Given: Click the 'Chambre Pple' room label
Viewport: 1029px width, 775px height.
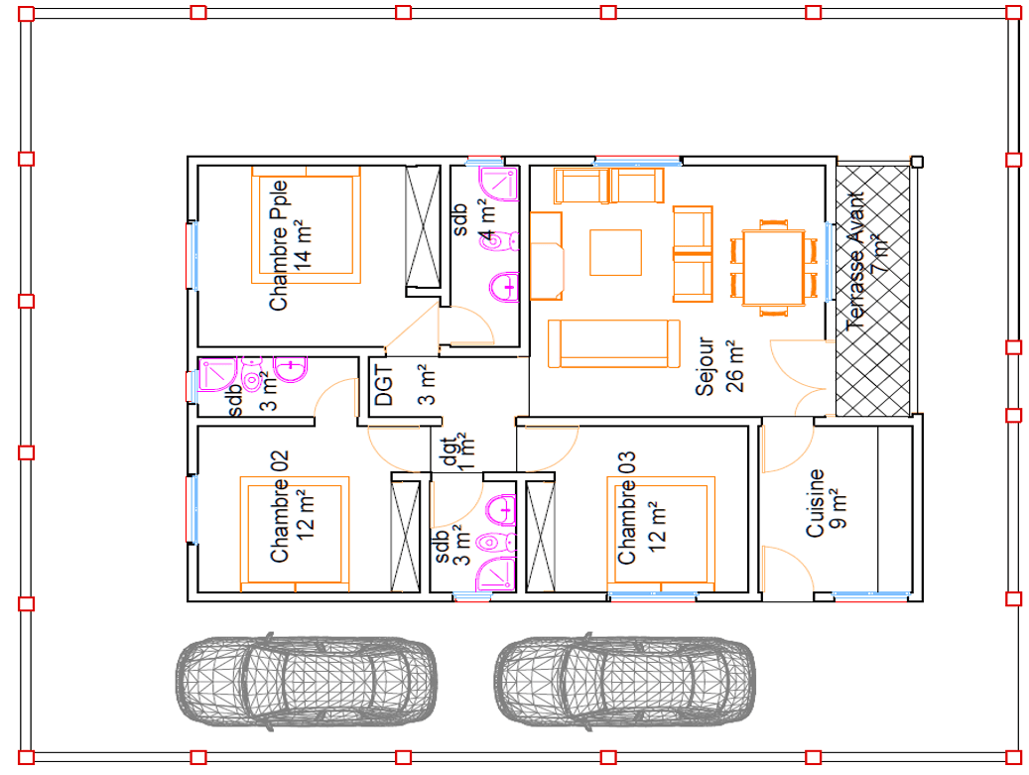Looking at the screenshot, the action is pos(278,245).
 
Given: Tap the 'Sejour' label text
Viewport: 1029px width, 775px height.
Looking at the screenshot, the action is pos(705,366).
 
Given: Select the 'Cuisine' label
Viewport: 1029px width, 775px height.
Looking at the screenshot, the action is pos(815,503).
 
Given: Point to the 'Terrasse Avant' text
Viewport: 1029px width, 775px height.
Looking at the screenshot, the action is pos(855,261).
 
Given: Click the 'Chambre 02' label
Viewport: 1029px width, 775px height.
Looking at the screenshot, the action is pos(279,506).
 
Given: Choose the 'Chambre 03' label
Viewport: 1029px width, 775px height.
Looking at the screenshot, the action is pos(626,507).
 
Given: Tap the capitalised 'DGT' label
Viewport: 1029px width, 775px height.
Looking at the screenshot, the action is pos(384,386).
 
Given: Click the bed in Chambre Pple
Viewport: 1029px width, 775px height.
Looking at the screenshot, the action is pos(306,225).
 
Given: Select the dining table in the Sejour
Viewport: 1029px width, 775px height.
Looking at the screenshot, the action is pos(774,268).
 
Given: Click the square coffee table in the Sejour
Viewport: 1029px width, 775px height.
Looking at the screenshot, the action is pos(615,252).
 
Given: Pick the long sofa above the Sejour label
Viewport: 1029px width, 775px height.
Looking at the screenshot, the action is pos(613,343).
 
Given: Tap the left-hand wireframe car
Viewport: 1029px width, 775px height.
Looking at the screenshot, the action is pos(307,682).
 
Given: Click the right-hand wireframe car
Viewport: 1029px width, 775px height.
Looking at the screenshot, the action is pos(625,682).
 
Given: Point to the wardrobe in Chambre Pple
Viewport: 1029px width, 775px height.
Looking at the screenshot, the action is pos(423,226).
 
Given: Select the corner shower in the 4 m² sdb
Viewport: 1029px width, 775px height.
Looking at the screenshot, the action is pos(499,185).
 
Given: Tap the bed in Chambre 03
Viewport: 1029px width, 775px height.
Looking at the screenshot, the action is pos(661,534).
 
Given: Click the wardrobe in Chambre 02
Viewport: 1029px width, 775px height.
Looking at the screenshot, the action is pos(405,537).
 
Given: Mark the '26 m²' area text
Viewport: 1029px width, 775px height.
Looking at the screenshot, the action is pos(735,366).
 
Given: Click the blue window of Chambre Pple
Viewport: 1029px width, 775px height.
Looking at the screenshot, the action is pos(193,255).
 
